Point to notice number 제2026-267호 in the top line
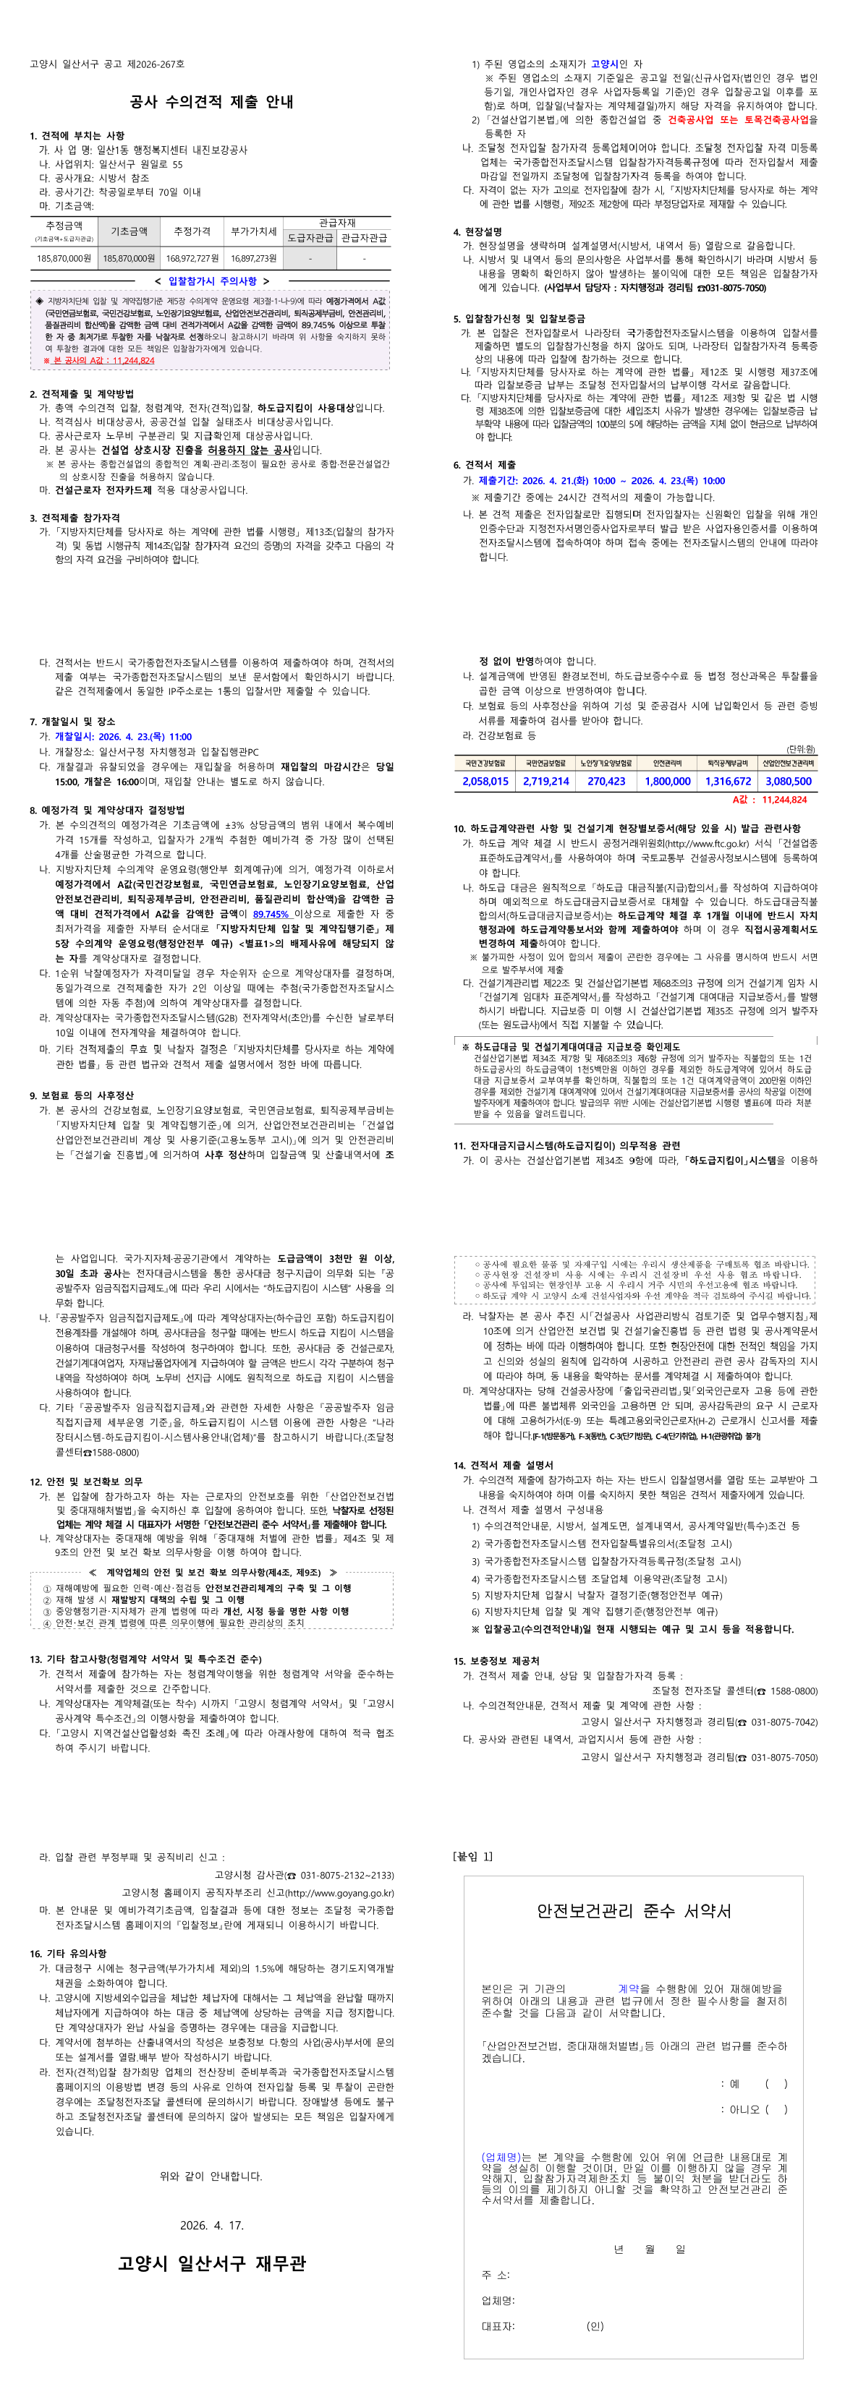pos(156,64)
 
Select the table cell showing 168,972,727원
pos(192,259)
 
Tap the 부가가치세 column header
pos(253,231)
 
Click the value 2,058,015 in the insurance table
pos(485,781)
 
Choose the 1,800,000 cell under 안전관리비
pos(667,781)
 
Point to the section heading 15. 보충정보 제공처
pos(496,1661)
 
